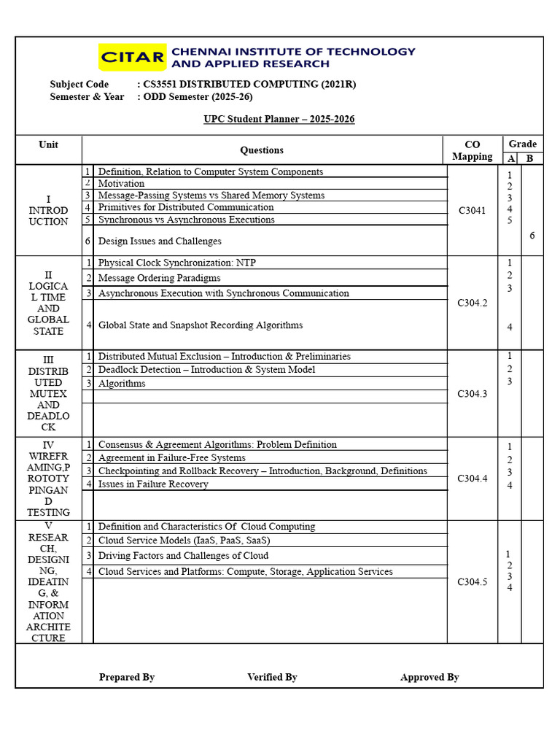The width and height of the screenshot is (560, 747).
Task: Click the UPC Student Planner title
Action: point(279,119)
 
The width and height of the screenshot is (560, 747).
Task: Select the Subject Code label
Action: point(79,85)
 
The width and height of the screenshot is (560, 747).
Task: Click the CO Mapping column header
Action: point(472,150)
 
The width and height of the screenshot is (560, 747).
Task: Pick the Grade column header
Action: point(522,144)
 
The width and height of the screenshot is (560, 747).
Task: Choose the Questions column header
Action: point(262,150)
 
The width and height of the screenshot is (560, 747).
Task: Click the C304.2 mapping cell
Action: point(472,303)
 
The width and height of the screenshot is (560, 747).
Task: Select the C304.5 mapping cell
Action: point(472,582)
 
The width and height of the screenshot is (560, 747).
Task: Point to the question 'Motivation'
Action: point(121,184)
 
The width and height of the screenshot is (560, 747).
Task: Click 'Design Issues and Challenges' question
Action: point(160,241)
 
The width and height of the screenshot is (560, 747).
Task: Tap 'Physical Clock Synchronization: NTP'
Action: point(176,263)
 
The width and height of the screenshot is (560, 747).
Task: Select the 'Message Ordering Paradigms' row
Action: point(159,278)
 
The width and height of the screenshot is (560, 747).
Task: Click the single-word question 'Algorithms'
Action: point(122,384)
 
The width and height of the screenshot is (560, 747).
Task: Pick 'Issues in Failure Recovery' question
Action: point(153,484)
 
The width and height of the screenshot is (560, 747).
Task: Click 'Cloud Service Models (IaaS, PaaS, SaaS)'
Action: point(184,541)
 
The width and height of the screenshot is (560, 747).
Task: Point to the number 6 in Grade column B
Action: point(532,236)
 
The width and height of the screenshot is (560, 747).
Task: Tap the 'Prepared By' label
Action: point(127,678)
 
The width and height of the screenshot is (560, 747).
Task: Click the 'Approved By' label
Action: point(429,678)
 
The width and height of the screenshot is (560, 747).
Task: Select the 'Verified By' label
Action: point(272,678)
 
